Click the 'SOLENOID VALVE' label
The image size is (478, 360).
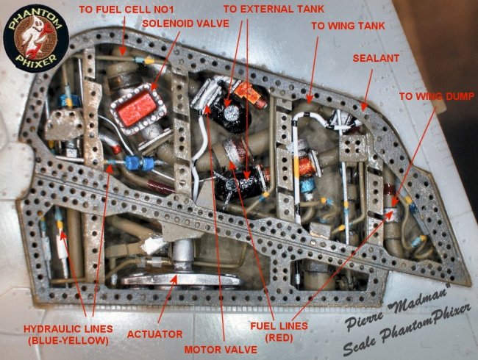tap(185, 24)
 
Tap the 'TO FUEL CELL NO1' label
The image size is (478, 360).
tap(126, 10)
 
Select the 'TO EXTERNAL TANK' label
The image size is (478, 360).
tap(274, 9)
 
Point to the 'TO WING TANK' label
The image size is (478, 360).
tap(348, 26)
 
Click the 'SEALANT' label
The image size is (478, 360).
tap(376, 58)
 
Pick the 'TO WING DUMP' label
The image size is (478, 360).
tap(437, 96)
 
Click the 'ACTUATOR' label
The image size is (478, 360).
tap(154, 334)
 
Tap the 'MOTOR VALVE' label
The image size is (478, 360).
tap(221, 349)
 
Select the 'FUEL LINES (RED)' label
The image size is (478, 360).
tap(279, 331)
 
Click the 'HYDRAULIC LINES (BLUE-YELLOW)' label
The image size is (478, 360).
tap(68, 334)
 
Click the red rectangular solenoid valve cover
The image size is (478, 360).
tap(137, 109)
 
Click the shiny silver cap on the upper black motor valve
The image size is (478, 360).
tap(232, 113)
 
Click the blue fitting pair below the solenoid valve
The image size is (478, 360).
tap(141, 163)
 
